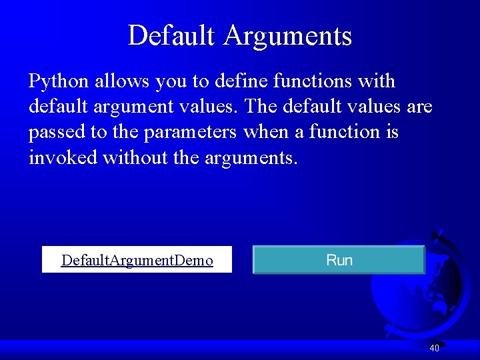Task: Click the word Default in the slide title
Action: pyautogui.click(x=172, y=35)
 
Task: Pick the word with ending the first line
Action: pyautogui.click(x=377, y=81)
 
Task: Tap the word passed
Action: pyautogui.click(x=57, y=132)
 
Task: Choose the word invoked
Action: pyautogui.click(x=63, y=157)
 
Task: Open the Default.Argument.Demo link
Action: pyautogui.click(x=137, y=260)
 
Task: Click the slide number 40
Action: pyautogui.click(x=434, y=348)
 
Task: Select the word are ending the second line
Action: pyautogui.click(x=419, y=107)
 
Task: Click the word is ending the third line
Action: pyautogui.click(x=391, y=132)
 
